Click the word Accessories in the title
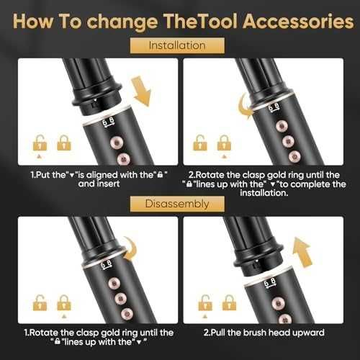[x=298, y=22]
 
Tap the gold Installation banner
[x=177, y=45]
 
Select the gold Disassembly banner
[x=177, y=204]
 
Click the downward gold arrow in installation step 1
[x=141, y=91]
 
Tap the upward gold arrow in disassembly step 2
[x=302, y=252]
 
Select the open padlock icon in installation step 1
[x=40, y=143]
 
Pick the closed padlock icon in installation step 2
[x=224, y=143]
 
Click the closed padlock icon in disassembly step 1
[x=64, y=302]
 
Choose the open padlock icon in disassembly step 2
[x=205, y=303]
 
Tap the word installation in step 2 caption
[x=264, y=193]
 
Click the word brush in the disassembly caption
[x=254, y=333]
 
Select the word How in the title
[x=33, y=22]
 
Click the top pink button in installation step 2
[x=282, y=126]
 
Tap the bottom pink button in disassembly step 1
[x=127, y=314]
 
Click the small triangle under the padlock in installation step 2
[x=224, y=157]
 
